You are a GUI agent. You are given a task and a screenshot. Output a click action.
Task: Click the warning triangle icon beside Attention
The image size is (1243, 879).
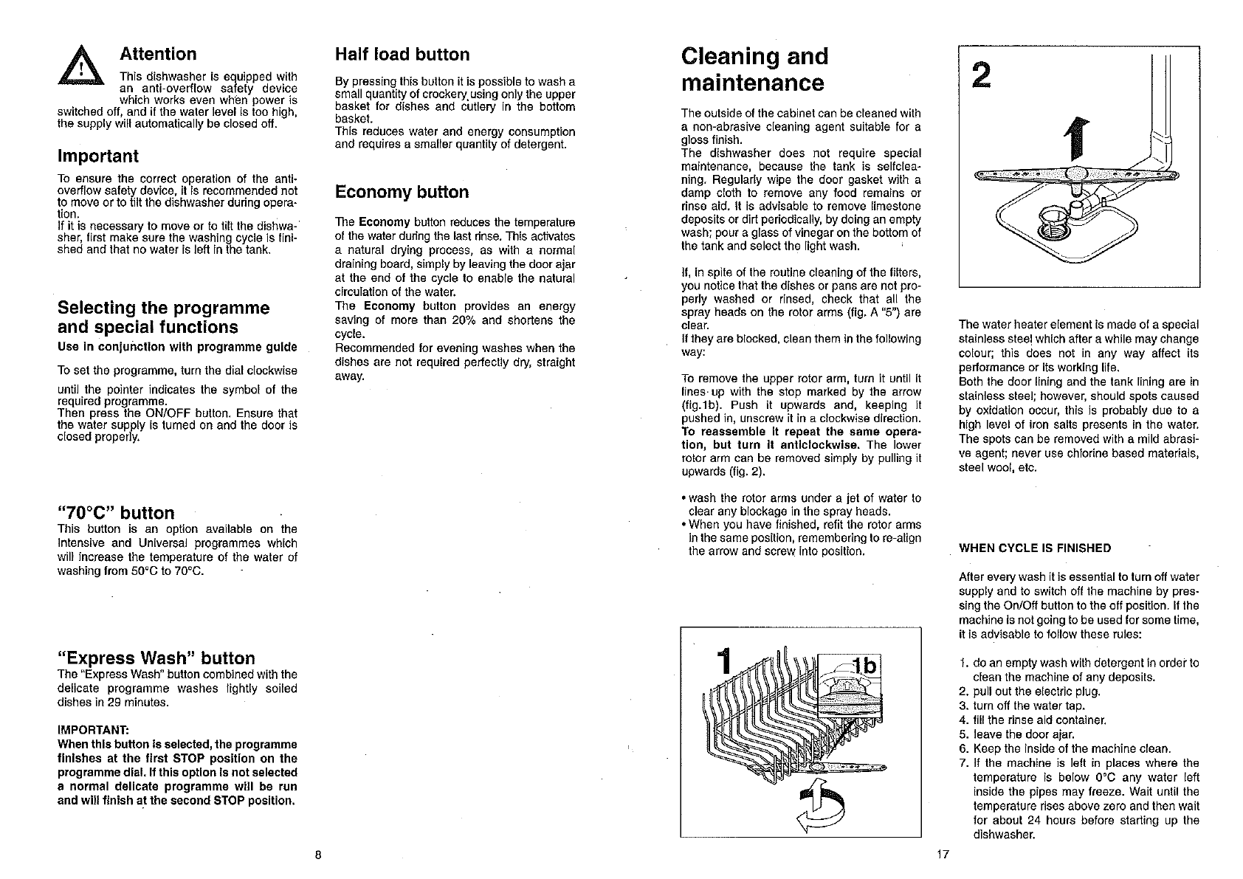click(87, 72)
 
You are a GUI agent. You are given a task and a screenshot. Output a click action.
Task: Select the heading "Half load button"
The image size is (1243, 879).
click(402, 55)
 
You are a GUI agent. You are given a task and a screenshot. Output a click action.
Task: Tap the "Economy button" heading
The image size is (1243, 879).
click(402, 193)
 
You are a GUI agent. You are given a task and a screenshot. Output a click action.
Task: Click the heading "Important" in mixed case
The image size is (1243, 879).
click(97, 156)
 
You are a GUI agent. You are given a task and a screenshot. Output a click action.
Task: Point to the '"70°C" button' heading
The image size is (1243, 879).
click(116, 513)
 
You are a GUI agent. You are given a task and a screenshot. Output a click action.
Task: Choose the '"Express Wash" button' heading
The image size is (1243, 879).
click(156, 658)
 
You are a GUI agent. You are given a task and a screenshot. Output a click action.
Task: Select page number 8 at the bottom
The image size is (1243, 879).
click(317, 855)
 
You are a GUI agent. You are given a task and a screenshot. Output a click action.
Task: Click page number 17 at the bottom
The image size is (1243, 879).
click(941, 855)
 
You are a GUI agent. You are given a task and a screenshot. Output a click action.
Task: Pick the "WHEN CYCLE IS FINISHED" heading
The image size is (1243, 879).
click(1034, 548)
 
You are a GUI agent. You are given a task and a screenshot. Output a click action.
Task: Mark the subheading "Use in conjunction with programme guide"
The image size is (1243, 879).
click(177, 347)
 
